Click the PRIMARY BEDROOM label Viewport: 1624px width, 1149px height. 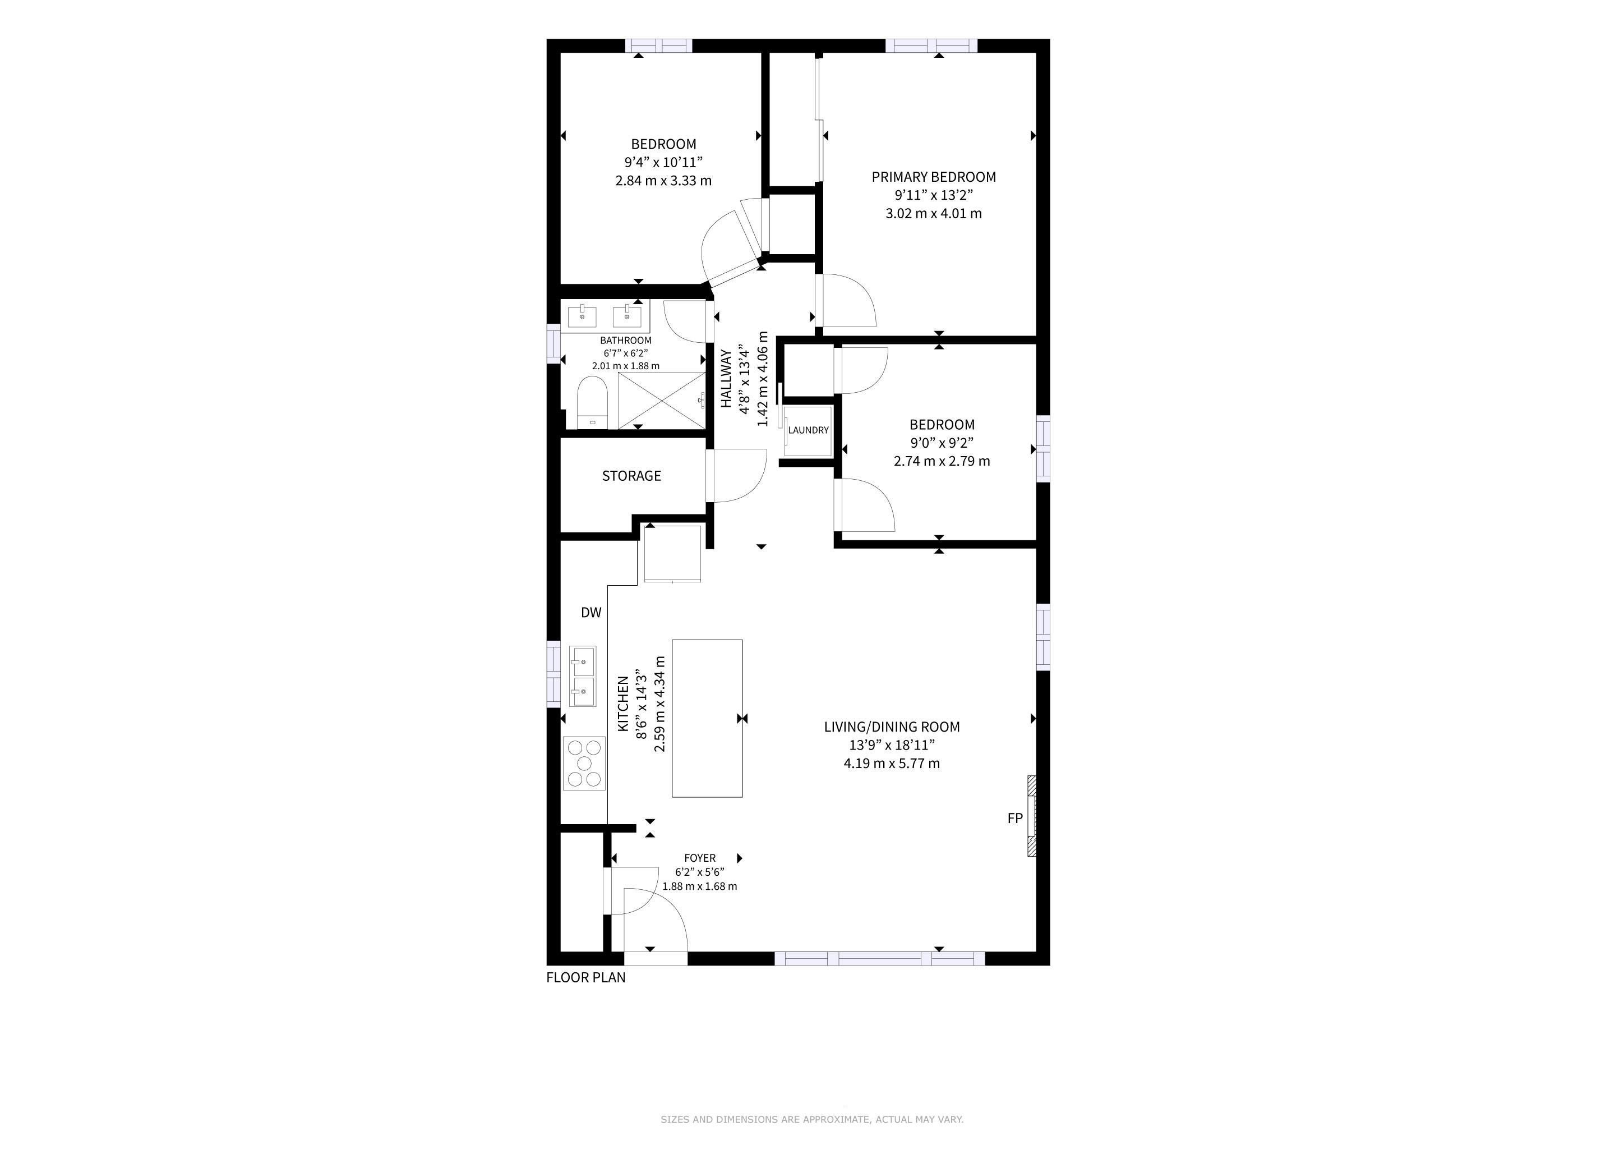pos(934,177)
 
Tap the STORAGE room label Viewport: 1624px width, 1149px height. pos(631,476)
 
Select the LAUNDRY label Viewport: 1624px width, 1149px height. pos(809,430)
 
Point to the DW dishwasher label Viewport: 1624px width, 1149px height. pos(591,613)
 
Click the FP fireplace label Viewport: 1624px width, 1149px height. pos(1015,818)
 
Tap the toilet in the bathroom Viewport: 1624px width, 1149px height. pos(592,403)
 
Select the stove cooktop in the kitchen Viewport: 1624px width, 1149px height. pos(585,764)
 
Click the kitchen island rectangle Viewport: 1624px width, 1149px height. pos(707,718)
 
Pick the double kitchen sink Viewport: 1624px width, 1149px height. pos(583,677)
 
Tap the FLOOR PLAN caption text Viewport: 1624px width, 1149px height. pos(585,978)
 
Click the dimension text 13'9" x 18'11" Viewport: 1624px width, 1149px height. pos(892,745)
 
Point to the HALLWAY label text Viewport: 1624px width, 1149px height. pos(726,379)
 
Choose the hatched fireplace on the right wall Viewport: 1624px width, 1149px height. pos(1032,816)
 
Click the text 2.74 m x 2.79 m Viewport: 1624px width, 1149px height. pos(942,461)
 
